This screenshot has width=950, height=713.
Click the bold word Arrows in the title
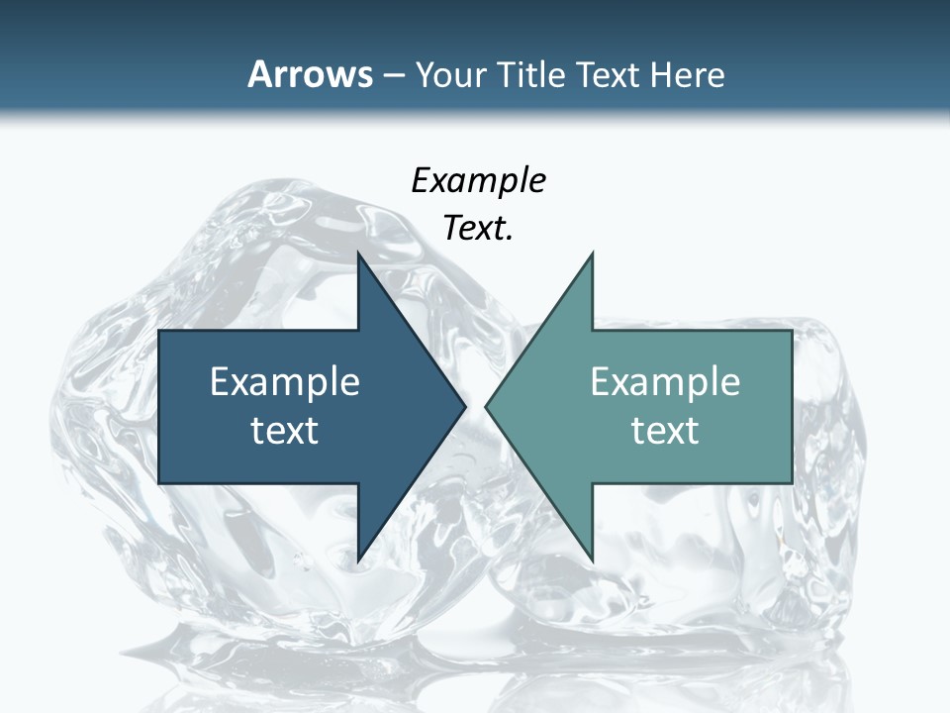(310, 74)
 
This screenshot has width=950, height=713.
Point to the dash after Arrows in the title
(392, 75)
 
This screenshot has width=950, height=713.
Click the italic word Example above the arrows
(478, 181)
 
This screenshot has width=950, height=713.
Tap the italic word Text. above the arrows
(478, 229)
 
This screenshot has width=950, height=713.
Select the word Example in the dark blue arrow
(285, 381)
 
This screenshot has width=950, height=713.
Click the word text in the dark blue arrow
(285, 430)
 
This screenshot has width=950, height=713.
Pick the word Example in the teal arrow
(665, 381)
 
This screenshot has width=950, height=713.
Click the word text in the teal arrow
(665, 430)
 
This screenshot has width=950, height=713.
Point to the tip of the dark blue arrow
(466, 406)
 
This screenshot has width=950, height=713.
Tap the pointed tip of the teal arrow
(485, 406)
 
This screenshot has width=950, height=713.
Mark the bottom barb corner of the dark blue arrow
(358, 561)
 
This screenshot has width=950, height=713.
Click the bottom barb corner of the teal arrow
(593, 561)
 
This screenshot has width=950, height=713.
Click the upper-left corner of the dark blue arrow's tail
(159, 330)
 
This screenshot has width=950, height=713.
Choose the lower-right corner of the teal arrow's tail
(792, 482)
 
